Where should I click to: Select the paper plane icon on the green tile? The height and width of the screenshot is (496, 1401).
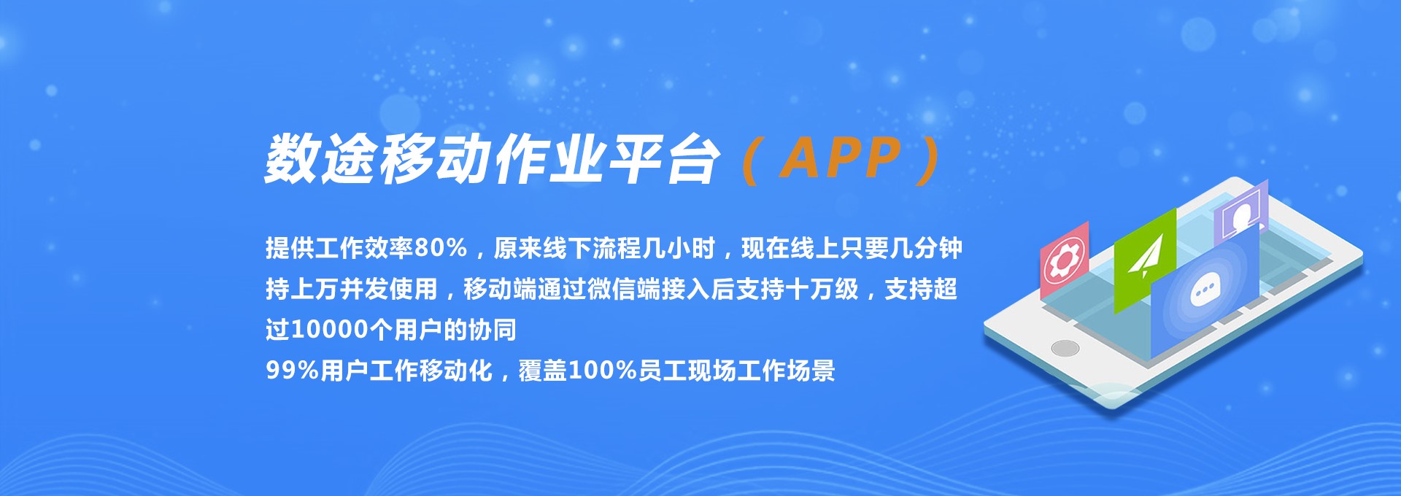click(1145, 256)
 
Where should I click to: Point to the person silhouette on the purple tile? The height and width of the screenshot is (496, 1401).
click(1240, 214)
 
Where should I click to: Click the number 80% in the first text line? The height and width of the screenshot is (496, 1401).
click(440, 248)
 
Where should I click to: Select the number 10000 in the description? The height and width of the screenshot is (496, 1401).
click(330, 330)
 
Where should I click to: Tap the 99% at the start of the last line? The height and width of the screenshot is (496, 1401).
click(293, 371)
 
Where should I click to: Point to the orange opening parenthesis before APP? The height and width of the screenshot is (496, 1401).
click(751, 160)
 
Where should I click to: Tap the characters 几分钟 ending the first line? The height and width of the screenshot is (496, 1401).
click(926, 248)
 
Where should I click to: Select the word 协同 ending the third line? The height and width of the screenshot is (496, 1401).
click(493, 330)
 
